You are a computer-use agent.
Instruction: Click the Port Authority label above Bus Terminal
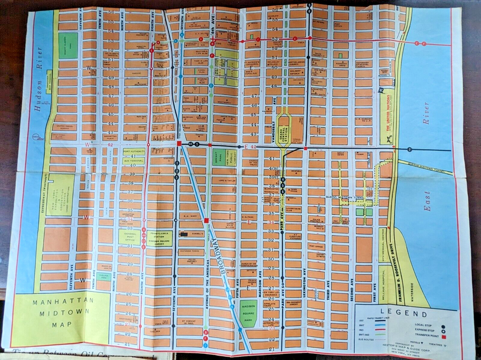tap(133, 151)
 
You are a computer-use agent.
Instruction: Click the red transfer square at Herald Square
tap(206, 220)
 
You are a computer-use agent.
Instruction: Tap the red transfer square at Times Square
tap(179, 144)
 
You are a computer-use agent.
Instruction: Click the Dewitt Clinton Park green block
tap(68, 45)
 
